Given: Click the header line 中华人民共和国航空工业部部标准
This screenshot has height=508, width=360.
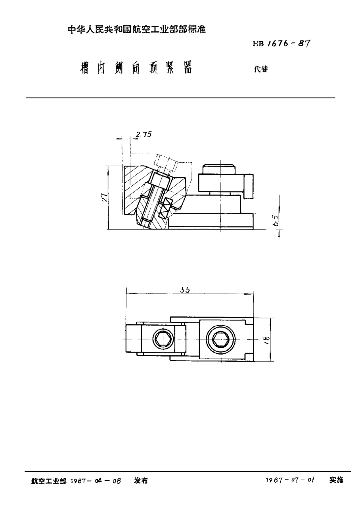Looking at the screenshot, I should click(x=137, y=29).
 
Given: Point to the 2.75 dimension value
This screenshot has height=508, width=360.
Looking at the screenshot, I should click(x=143, y=134).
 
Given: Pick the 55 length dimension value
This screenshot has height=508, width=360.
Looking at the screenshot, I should click(x=185, y=290).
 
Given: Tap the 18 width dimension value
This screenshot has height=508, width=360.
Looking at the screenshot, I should click(x=266, y=339).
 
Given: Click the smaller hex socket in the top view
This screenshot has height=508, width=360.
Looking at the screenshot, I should click(x=163, y=339).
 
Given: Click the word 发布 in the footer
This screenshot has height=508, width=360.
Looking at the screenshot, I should click(x=141, y=481).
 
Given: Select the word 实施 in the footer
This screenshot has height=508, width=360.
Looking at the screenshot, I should click(x=336, y=480).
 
